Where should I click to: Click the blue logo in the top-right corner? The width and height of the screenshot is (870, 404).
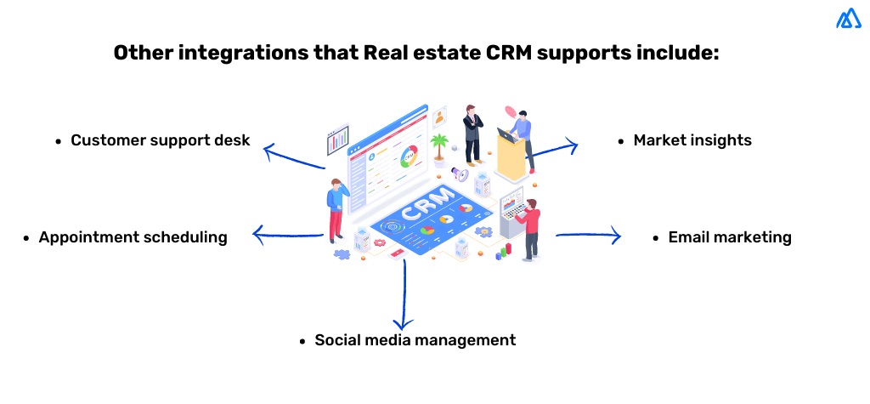pyautogui.click(x=848, y=19)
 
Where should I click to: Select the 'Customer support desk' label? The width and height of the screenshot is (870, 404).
pyautogui.click(x=161, y=139)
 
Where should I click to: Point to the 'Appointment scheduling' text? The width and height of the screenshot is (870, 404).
pyautogui.click(x=133, y=237)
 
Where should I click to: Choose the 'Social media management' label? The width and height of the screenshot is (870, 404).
pyautogui.click(x=415, y=340)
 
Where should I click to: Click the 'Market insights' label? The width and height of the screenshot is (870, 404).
pyautogui.click(x=692, y=140)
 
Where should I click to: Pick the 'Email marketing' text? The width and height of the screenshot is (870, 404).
pyautogui.click(x=730, y=237)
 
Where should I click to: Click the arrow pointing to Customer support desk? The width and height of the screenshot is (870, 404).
pyautogui.click(x=293, y=158)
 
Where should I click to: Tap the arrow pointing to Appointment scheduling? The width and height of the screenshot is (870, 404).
pyautogui.click(x=287, y=235)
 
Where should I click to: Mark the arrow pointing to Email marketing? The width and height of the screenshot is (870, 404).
pyautogui.click(x=589, y=236)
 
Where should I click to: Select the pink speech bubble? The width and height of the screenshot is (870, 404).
pyautogui.click(x=511, y=111)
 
